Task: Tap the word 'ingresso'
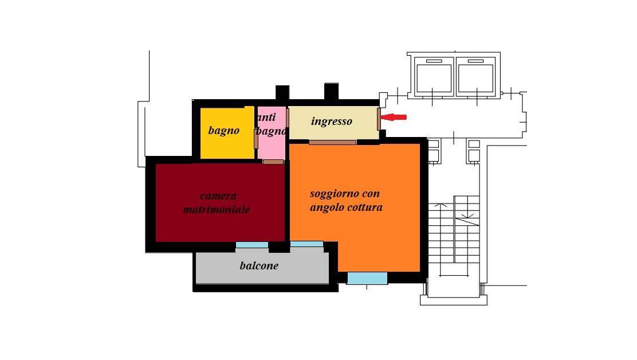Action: pyautogui.click(x=332, y=121)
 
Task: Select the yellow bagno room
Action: pyautogui.click(x=227, y=133)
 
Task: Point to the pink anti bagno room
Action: pyautogui.click(x=272, y=133)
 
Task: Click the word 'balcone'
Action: pyautogui.click(x=259, y=266)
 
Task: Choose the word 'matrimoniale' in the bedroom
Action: pyautogui.click(x=217, y=210)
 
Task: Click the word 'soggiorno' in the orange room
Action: pyautogui.click(x=333, y=194)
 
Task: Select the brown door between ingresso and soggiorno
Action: pyautogui.click(x=332, y=142)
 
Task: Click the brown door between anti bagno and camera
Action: pyautogui.click(x=273, y=162)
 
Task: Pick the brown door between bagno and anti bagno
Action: pyautogui.click(x=256, y=139)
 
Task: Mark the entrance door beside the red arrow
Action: pyautogui.click(x=379, y=119)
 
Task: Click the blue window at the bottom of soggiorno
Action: pyautogui.click(x=367, y=279)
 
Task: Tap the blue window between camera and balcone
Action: pyautogui.click(x=252, y=245)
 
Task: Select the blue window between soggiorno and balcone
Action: pyautogui.click(x=306, y=244)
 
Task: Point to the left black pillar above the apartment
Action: pyautogui.click(x=282, y=93)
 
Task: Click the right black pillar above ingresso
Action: pyautogui.click(x=331, y=91)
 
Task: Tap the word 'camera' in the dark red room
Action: pyautogui.click(x=219, y=196)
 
